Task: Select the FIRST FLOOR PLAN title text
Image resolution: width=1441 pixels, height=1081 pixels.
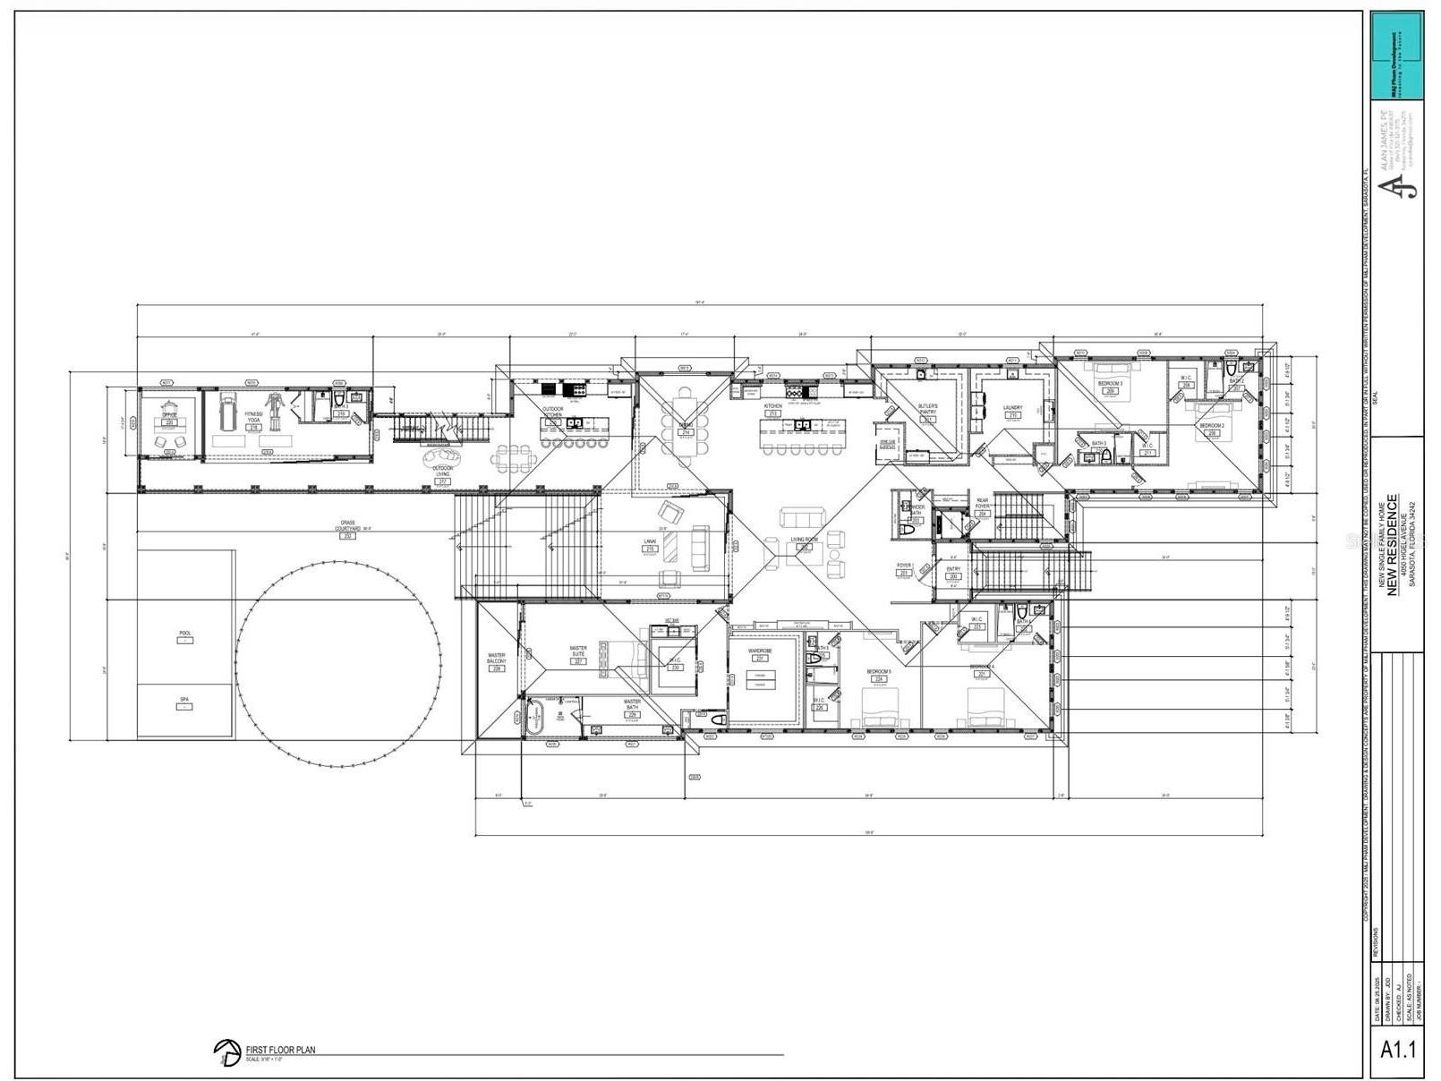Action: coord(281,1051)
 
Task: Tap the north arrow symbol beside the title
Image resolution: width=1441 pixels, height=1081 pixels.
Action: coord(226,1052)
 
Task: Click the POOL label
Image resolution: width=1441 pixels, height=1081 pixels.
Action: coord(185,634)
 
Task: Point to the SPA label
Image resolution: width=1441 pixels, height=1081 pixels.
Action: coord(185,699)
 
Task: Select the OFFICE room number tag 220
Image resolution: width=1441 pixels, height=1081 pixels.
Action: coord(168,422)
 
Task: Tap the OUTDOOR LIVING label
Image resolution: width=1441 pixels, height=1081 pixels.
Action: coord(442,471)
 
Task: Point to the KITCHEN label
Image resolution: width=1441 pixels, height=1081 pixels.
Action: coord(772,406)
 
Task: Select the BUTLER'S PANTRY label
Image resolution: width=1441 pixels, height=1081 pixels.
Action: coord(928,409)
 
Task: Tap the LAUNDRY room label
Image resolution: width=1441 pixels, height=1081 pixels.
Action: coord(1012,408)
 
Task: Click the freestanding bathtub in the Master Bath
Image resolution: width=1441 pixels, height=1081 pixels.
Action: coord(534,718)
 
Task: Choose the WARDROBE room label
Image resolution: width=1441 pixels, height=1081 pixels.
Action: coord(760,651)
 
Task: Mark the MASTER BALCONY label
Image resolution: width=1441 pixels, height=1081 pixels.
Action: coord(497,659)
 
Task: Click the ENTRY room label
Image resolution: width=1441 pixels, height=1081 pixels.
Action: coord(953,569)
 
